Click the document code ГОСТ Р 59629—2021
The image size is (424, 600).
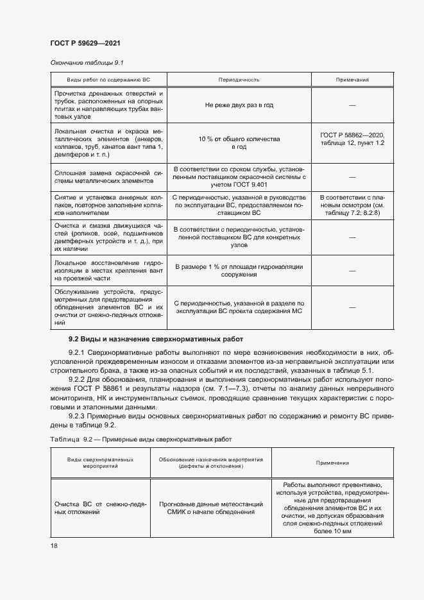[x=85, y=43]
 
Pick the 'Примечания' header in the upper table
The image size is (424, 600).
[x=352, y=80]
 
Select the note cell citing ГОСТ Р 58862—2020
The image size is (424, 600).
[x=352, y=138]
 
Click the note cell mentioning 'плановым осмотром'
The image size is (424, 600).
[x=352, y=205]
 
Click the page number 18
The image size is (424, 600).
[x=54, y=545]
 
